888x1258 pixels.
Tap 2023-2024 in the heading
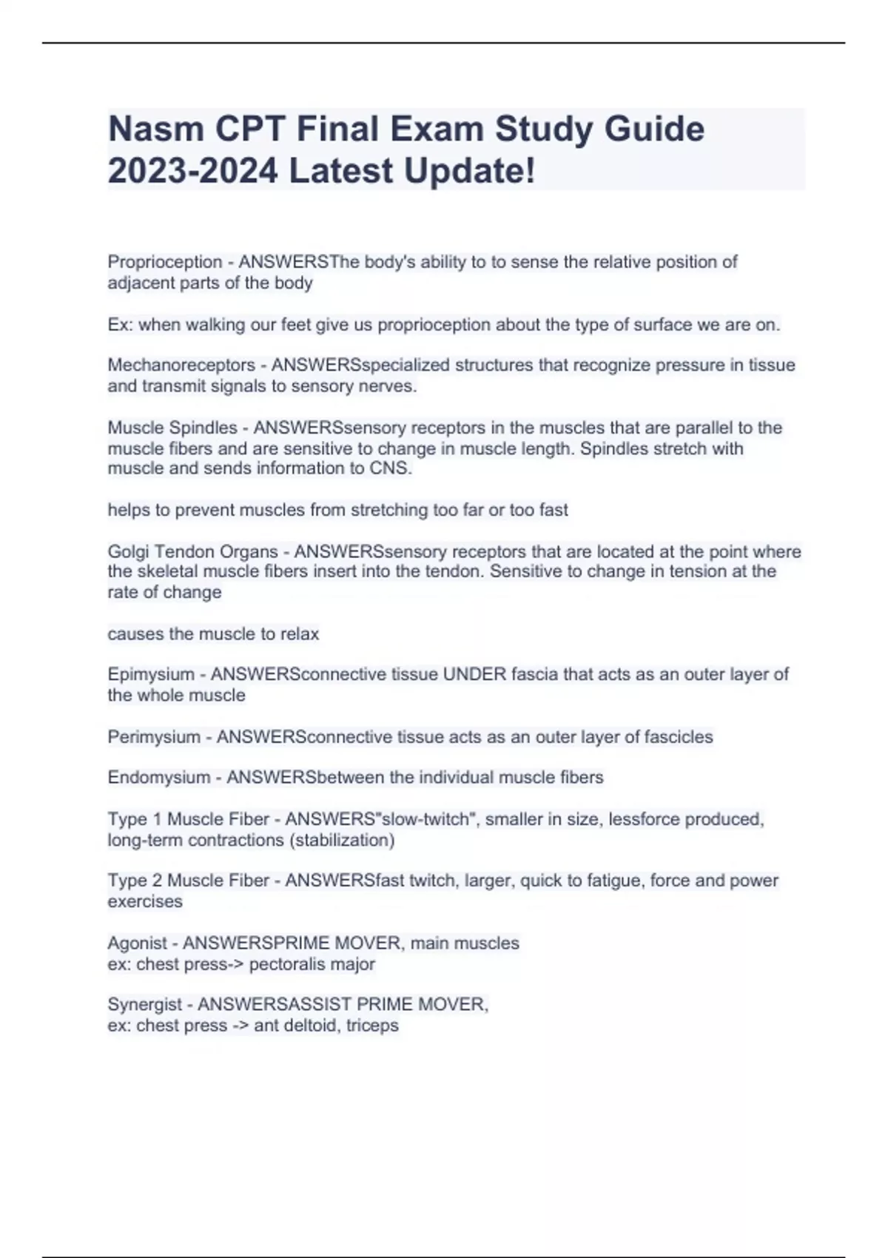[193, 171]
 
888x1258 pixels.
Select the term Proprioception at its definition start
[165, 262]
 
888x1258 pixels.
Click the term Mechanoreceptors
[181, 365]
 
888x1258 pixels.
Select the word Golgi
[129, 552]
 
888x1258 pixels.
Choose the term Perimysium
[154, 737]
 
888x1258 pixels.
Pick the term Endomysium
[159, 778]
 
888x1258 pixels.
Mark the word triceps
[372, 1026]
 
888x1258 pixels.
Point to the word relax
[299, 634]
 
